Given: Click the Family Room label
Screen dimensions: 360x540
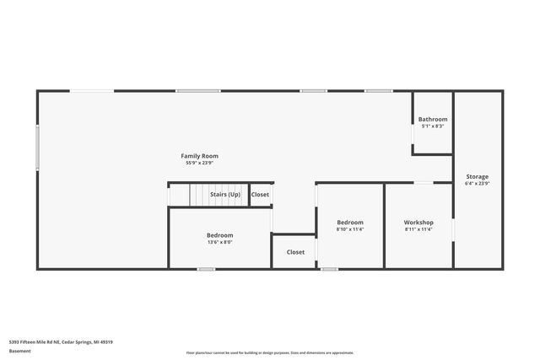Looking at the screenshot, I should [200, 156].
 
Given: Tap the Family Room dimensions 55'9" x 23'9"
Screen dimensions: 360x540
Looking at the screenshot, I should [200, 163].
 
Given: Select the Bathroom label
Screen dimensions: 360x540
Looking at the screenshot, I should [433, 120].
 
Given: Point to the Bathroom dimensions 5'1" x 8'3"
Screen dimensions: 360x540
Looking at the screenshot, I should [433, 126].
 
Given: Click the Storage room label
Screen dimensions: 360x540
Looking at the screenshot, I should [477, 176].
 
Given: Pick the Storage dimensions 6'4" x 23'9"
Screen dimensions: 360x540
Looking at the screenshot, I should [477, 183].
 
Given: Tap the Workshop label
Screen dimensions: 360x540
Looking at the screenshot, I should [418, 222].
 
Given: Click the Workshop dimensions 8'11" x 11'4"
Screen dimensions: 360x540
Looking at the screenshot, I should [418, 228].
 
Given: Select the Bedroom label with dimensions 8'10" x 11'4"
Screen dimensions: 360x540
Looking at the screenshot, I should [350, 222].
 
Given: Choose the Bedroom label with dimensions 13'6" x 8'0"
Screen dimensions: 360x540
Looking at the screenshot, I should [220, 235].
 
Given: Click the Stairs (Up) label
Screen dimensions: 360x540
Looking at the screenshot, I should [225, 195].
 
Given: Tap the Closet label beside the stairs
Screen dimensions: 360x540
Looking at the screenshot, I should [261, 195].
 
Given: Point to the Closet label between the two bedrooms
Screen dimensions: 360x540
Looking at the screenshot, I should [295, 251].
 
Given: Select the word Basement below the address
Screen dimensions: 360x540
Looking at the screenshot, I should [19, 352].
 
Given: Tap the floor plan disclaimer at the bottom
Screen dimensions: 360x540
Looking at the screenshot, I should [270, 352].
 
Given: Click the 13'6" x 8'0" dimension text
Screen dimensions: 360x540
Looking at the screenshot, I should [220, 242].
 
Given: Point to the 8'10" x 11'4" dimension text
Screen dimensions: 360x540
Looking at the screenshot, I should [350, 228].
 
